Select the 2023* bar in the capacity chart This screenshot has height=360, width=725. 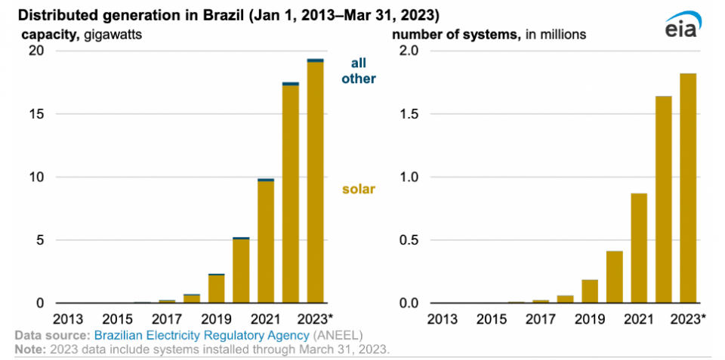tap(316, 181)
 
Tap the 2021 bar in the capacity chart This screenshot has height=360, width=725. tap(266, 242)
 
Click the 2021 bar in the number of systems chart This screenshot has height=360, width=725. tap(639, 248)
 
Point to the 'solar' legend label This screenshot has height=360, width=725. tap(359, 189)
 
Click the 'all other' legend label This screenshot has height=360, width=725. tap(359, 71)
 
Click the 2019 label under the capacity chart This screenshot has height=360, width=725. tap(216, 318)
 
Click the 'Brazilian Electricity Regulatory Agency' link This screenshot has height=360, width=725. tap(202, 334)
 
